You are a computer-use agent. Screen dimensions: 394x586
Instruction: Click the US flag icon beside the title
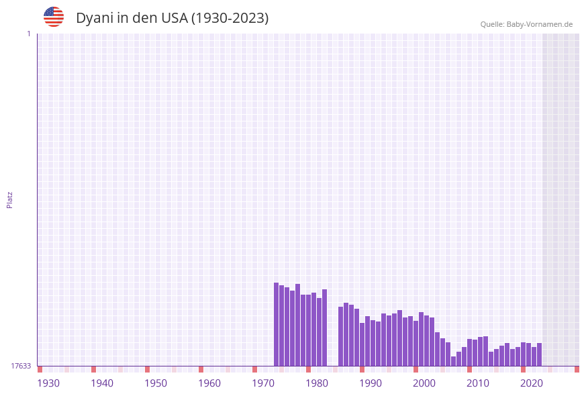[x=54, y=17]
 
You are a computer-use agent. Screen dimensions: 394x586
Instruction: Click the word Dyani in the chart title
[x=94, y=18]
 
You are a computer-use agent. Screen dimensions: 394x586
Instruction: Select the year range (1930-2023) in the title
[x=230, y=18]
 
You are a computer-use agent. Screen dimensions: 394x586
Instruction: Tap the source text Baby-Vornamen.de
[x=539, y=24]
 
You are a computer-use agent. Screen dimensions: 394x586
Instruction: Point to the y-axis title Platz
[x=10, y=199]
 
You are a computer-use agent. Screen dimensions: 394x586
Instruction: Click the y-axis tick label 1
[x=28, y=34]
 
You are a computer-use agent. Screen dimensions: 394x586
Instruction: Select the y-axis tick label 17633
[x=21, y=366]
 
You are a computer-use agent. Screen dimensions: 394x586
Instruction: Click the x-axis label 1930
[x=48, y=383]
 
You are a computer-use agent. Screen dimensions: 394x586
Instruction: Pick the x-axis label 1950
[x=156, y=383]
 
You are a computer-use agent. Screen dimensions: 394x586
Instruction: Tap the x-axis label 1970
[x=263, y=383]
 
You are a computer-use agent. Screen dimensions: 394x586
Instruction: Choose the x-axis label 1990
[x=371, y=383]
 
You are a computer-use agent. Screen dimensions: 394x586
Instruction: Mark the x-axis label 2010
[x=478, y=383]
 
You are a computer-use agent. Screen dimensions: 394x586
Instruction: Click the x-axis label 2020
[x=532, y=383]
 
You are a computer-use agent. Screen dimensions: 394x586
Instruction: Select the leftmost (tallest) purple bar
[x=276, y=324]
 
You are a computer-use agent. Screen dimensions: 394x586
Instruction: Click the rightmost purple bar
[x=539, y=354]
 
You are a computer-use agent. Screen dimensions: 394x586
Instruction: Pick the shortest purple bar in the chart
[x=453, y=361]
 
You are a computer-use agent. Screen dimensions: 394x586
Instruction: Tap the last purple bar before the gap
[x=324, y=328]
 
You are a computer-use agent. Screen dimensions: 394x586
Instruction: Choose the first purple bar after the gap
[x=340, y=336]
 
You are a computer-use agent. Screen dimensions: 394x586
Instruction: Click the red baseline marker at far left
[x=40, y=369]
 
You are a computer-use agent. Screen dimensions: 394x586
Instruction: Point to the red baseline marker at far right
[x=577, y=369]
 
